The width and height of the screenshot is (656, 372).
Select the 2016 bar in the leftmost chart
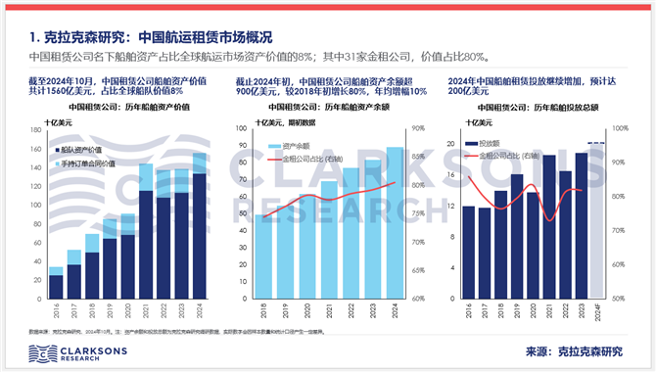[x=56, y=282]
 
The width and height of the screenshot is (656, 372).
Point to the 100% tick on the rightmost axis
[x=619, y=129]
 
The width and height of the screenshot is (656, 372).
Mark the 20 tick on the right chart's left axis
[x=450, y=144]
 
